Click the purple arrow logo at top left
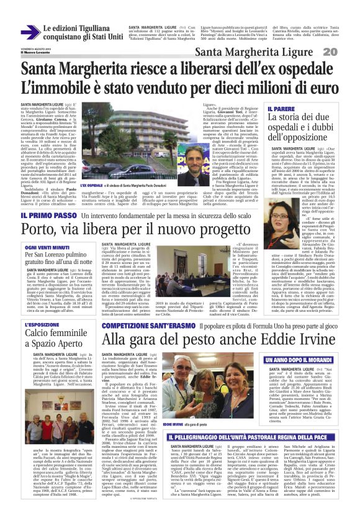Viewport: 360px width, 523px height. tap(30, 32)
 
